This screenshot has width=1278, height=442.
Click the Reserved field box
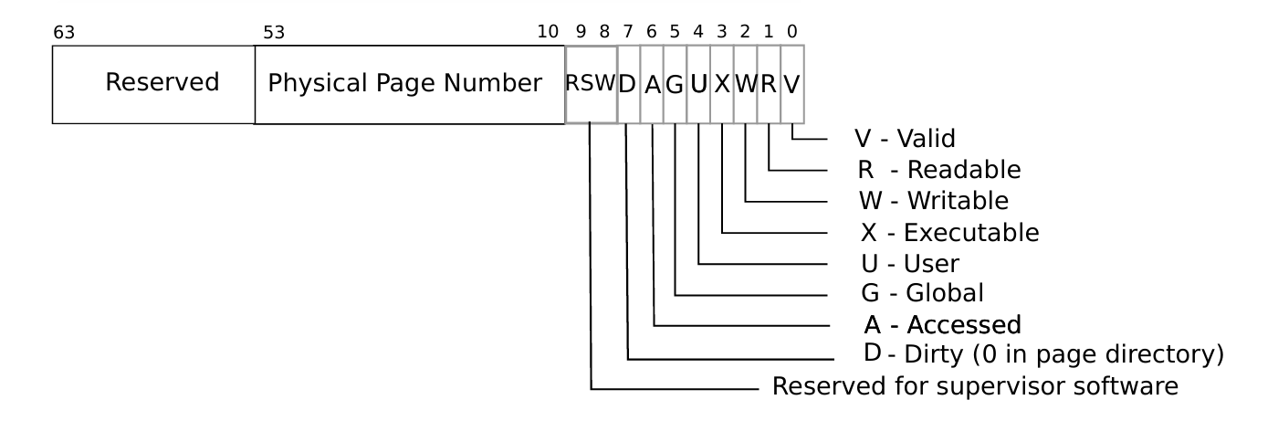click(153, 84)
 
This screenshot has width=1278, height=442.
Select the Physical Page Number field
click(409, 84)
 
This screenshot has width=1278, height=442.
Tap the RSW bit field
click(591, 84)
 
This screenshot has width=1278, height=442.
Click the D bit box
click(628, 84)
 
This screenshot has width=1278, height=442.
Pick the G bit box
click(675, 84)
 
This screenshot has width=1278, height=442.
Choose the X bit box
click(722, 84)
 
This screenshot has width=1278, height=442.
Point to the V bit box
click(792, 84)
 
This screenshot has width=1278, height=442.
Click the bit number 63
click(64, 33)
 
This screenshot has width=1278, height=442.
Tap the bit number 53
click(274, 33)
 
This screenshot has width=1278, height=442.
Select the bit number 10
click(548, 33)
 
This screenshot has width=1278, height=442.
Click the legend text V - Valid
click(905, 139)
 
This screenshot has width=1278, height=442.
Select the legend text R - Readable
click(938, 170)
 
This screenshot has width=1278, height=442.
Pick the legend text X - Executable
click(949, 233)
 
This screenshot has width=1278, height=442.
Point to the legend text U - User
click(910, 264)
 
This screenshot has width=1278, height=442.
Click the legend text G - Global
click(922, 294)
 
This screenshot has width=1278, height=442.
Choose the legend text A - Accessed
click(941, 324)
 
